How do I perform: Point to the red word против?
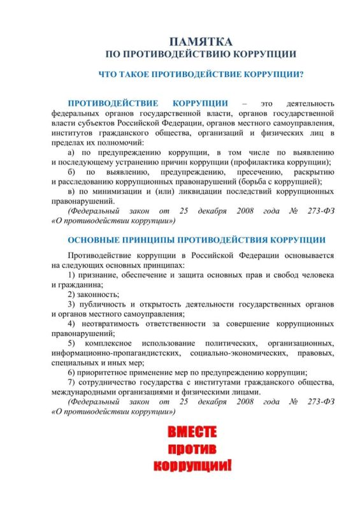pos(192,450)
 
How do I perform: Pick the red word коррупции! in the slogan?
pos(192,467)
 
